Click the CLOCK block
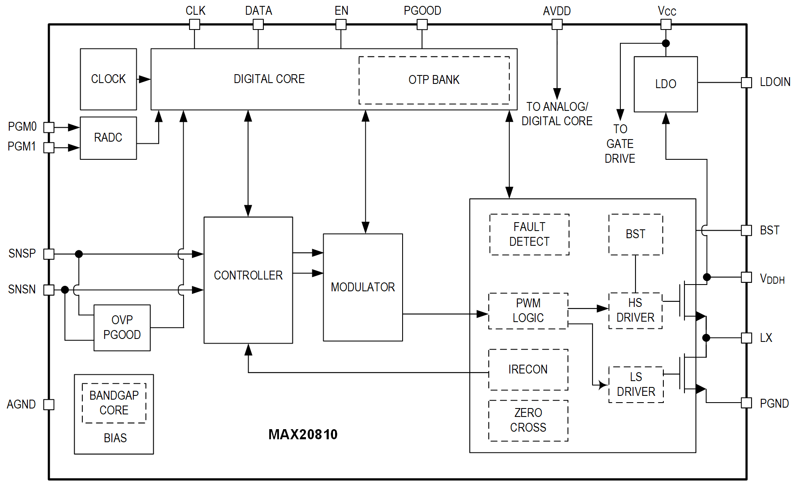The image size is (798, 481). (x=108, y=79)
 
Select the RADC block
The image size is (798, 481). (x=108, y=138)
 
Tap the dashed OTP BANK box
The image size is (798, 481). (x=434, y=80)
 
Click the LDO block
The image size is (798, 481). (x=665, y=84)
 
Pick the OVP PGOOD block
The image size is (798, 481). (x=122, y=328)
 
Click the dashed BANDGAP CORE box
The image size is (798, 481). (x=114, y=403)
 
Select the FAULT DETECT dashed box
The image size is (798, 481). (x=529, y=234)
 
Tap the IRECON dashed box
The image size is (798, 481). (x=528, y=370)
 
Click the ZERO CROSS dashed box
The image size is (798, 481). (x=528, y=420)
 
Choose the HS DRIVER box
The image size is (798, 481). (x=635, y=310)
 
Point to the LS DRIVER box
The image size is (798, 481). (x=636, y=384)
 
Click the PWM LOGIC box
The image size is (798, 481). (x=528, y=311)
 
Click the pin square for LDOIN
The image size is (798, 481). (x=746, y=83)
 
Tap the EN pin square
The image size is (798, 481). (x=341, y=24)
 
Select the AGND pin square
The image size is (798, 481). (x=49, y=404)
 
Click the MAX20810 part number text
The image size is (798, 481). (x=303, y=435)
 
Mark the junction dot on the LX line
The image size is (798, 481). (x=706, y=338)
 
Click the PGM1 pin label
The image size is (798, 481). (x=22, y=147)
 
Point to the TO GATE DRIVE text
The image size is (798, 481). (x=620, y=144)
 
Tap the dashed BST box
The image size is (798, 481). (x=635, y=234)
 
